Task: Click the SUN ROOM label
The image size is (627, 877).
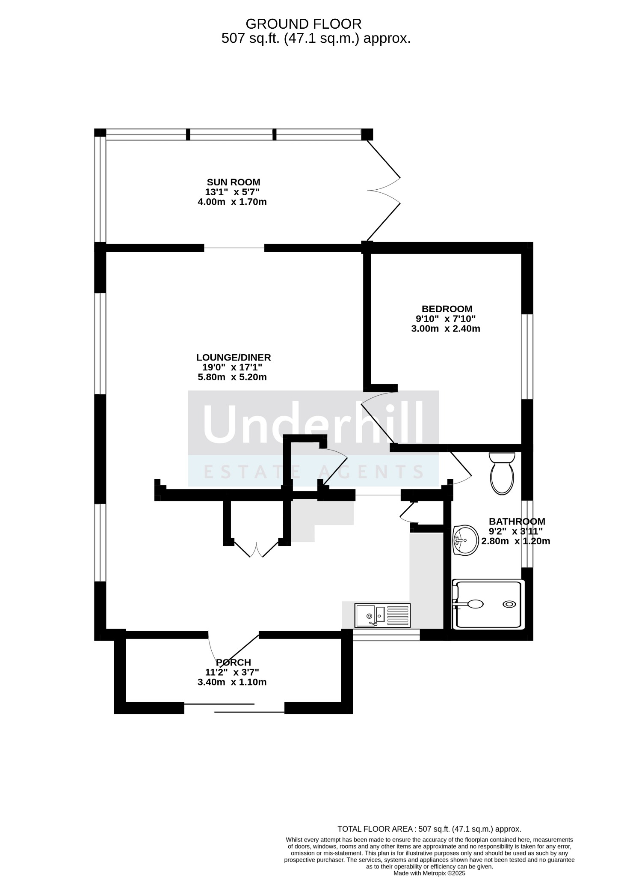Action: pyautogui.click(x=234, y=182)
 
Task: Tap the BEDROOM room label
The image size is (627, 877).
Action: pyautogui.click(x=447, y=309)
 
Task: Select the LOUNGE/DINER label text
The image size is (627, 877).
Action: pyautogui.click(x=234, y=357)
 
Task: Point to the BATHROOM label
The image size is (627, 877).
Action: pyautogui.click(x=517, y=522)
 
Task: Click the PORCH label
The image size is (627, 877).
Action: pyautogui.click(x=234, y=662)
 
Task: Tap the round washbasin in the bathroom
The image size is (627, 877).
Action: pyautogui.click(x=466, y=540)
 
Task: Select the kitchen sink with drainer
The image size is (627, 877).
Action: pyautogui.click(x=382, y=615)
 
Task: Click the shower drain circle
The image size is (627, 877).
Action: pyautogui.click(x=509, y=604)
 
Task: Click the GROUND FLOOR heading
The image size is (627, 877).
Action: pyautogui.click(x=304, y=24)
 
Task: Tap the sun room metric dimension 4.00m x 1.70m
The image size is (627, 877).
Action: pyautogui.click(x=232, y=202)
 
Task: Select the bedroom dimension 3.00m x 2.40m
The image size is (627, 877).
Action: pyautogui.click(x=446, y=329)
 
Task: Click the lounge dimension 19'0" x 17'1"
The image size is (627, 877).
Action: pyautogui.click(x=232, y=367)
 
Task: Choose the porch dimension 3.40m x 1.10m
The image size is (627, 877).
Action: pyautogui.click(x=232, y=682)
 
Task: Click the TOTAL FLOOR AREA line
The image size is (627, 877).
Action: pyautogui.click(x=429, y=829)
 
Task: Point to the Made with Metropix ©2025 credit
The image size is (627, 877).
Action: pyautogui.click(x=429, y=873)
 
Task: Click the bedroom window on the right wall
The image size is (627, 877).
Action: pyautogui.click(x=527, y=357)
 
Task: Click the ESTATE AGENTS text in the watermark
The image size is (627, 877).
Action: pyautogui.click(x=313, y=472)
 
